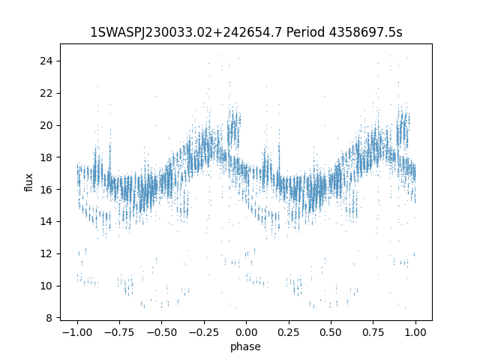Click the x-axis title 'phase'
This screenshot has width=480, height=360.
246,346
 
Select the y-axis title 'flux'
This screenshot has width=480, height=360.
29,182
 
